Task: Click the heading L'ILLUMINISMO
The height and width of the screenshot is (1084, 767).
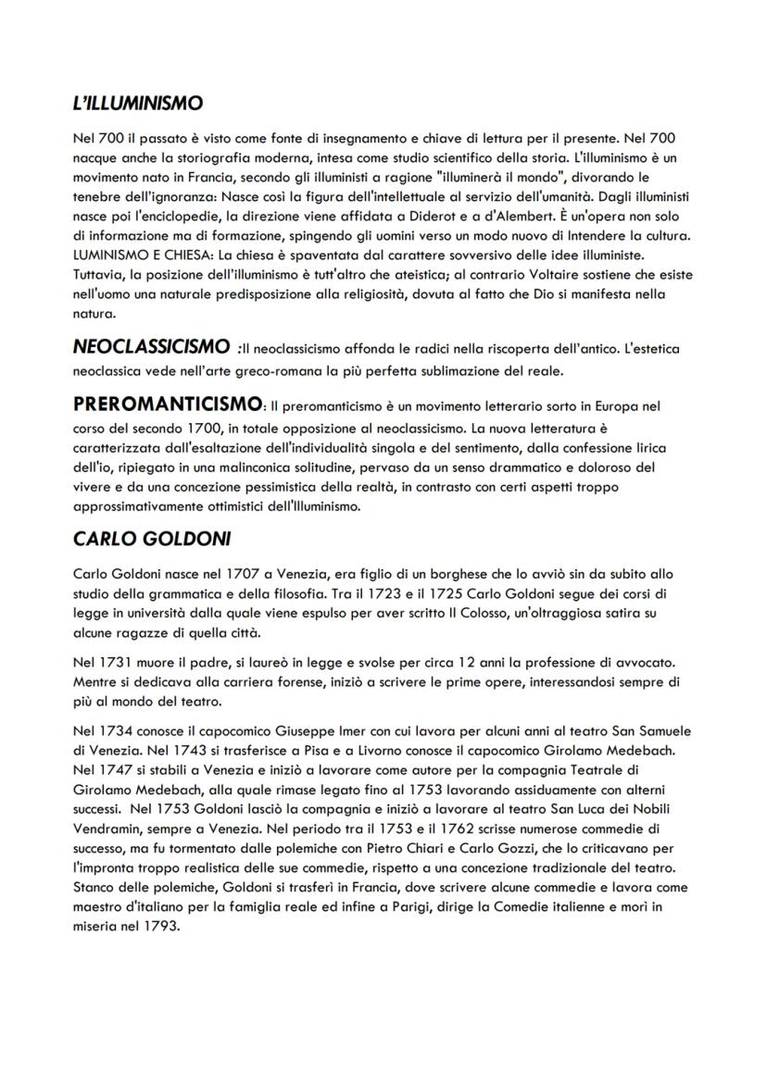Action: pos(138,104)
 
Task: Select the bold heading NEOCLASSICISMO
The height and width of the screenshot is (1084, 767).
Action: pos(151,347)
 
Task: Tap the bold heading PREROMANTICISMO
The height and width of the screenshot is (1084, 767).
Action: pos(167,405)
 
